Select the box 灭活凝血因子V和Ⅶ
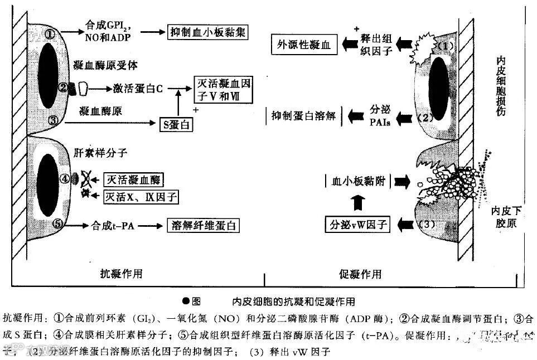point(222,90)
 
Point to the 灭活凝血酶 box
point(134,179)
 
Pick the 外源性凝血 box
point(304,45)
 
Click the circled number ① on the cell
point(50,35)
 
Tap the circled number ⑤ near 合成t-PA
point(58,225)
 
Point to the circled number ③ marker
point(54,119)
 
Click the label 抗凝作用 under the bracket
point(121,274)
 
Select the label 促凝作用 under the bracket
point(360,274)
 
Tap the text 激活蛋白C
point(137,89)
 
